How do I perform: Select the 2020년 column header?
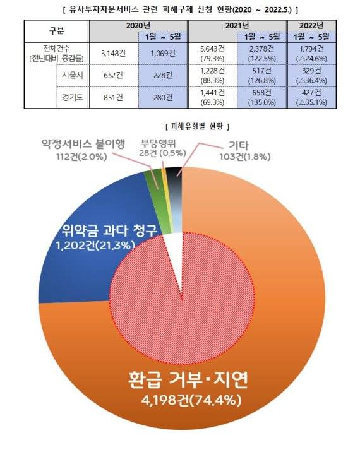[x=138, y=25]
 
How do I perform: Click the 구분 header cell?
[x=56, y=31]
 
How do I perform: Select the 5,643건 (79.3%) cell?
[x=212, y=54]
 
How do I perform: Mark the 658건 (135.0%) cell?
[x=261, y=98]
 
